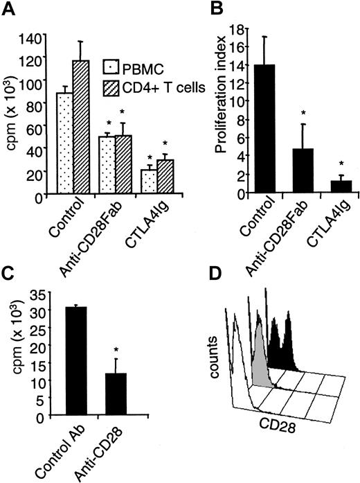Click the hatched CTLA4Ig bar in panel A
pos(165,179)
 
